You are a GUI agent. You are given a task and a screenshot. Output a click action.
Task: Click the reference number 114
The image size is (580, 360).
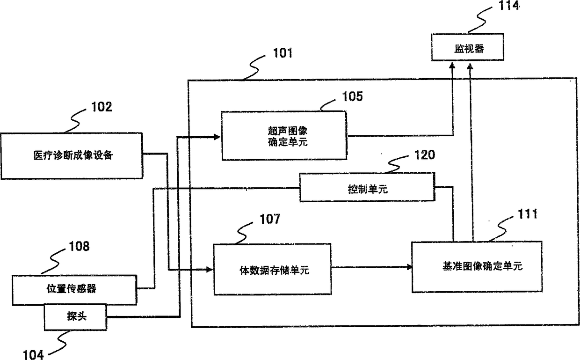pos(509,5)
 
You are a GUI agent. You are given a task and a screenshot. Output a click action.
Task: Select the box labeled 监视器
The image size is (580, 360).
pos(467,47)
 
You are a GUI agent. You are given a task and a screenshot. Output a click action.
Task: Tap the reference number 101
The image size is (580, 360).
pos(283,53)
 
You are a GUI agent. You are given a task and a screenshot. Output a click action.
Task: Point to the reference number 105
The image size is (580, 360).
pos(352,96)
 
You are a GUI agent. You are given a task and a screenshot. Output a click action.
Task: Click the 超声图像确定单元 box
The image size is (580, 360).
pos(284,136)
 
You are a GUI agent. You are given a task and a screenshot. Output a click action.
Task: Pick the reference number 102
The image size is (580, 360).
pos(102,107)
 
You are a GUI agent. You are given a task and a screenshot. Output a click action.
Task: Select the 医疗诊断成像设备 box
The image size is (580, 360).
pos(72,156)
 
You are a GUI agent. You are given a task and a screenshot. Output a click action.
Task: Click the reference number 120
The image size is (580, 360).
pos(425,155)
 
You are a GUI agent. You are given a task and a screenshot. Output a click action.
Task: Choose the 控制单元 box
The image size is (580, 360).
pos(367,187)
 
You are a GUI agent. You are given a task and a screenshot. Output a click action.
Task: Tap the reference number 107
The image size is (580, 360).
pos(270,219)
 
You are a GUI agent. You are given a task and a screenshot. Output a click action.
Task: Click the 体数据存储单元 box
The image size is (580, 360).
pos(272,269)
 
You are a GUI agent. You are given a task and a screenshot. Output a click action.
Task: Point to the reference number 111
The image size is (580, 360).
pos(528,214)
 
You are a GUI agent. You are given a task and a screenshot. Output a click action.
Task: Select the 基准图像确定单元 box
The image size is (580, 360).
pos(477,267)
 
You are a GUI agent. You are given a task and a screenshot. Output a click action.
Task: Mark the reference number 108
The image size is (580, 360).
pos(79,246)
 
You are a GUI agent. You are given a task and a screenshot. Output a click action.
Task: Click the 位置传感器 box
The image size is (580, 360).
pos(74,290)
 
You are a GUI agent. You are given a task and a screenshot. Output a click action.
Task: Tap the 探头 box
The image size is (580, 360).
pos(75,317)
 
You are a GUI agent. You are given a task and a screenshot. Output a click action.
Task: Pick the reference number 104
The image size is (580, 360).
pos(33,354)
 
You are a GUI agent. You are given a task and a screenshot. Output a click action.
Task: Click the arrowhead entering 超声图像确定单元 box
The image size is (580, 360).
pos(217,137)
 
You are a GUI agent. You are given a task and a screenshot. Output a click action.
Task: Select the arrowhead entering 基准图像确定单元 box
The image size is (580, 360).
pos(409,267)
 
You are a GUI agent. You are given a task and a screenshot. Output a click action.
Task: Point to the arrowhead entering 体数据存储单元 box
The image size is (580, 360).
pos(210,270)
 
